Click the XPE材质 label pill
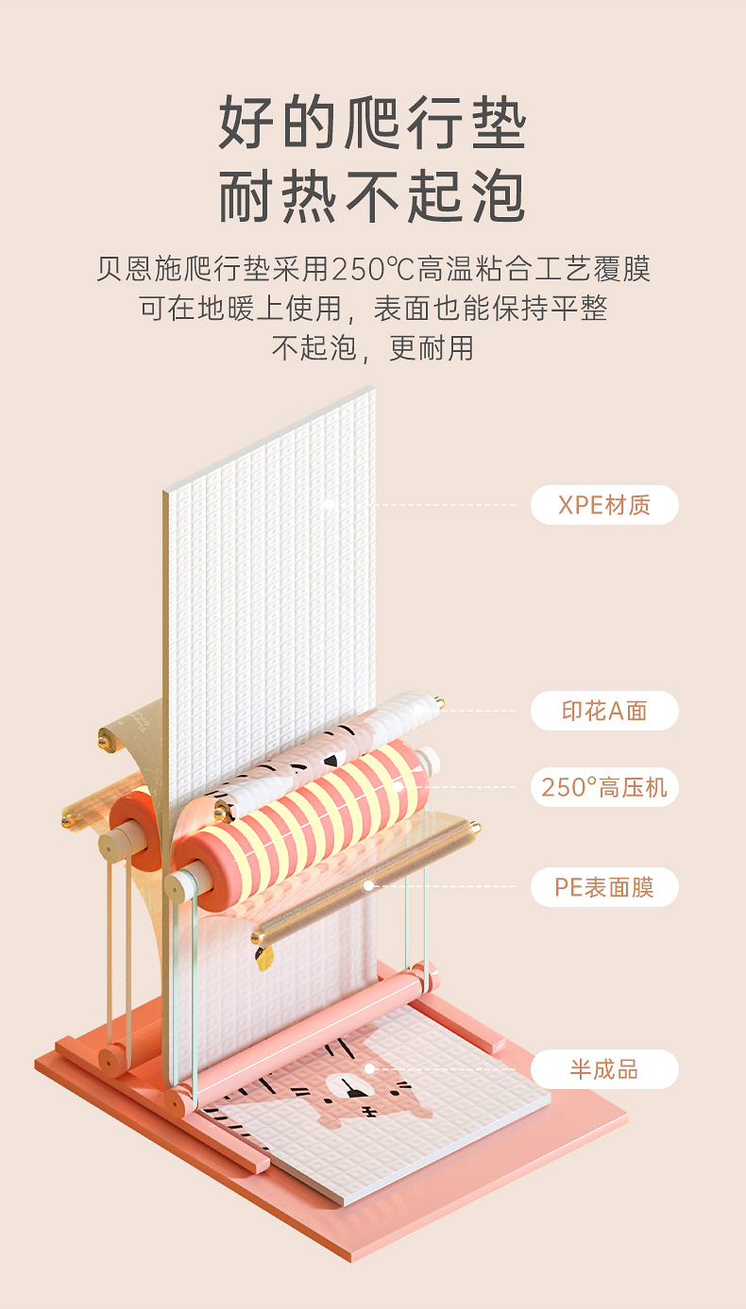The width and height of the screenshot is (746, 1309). [x=604, y=505]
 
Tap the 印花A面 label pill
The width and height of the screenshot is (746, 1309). [x=604, y=711]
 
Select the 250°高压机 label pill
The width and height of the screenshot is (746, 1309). [x=604, y=786]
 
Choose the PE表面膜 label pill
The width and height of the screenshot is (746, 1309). [x=604, y=887]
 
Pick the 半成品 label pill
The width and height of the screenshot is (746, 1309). [x=604, y=1069]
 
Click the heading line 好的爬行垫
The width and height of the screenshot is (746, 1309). [x=372, y=124]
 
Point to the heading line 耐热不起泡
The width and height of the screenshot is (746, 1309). [x=372, y=197]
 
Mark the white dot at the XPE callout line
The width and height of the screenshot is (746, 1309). [x=328, y=505]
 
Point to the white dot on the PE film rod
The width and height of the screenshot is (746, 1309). [x=369, y=886]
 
